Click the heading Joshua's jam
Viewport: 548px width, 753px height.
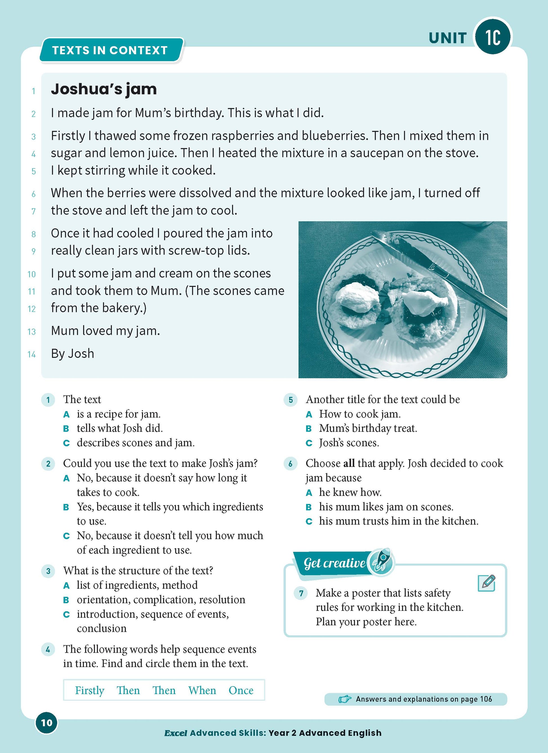click(104, 89)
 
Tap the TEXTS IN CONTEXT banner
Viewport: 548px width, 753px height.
click(110, 50)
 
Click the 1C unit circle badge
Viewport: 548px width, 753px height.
click(493, 37)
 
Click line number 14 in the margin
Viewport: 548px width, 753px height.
click(32, 355)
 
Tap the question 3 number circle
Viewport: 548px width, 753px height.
click(48, 571)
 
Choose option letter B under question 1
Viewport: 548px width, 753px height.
click(66, 429)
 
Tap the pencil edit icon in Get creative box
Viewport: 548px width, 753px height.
click(487, 583)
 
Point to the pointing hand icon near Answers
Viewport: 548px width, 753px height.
click(345, 699)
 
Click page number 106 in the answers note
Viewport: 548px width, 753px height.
click(486, 699)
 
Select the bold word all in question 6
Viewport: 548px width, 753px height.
click(349, 463)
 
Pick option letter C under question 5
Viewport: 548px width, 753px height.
click(309, 443)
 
